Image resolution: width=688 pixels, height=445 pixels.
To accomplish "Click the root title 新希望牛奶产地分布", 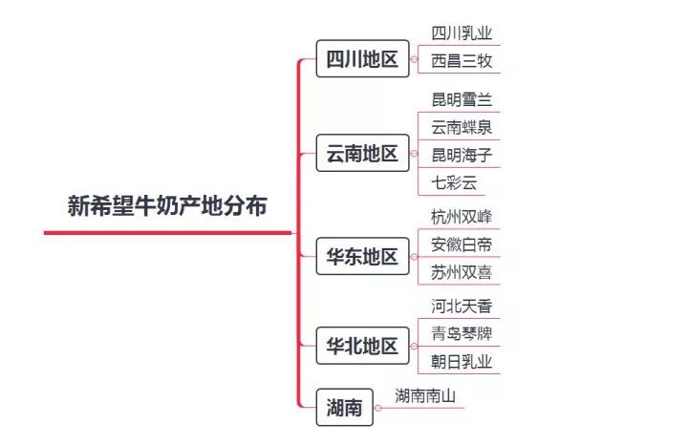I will click(167, 206).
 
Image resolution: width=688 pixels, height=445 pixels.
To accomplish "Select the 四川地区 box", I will click(362, 59).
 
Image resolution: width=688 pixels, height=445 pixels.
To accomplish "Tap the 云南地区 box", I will click(362, 153).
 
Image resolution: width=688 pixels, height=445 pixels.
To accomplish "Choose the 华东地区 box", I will click(362, 256).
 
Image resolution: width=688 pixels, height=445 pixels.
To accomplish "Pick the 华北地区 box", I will click(362, 346).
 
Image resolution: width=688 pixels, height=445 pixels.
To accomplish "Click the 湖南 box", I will click(343, 408).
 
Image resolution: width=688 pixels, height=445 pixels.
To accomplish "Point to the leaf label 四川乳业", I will click(462, 33).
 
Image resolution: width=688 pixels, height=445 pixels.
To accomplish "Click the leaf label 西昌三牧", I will click(462, 62).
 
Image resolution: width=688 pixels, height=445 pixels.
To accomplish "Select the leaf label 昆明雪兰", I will click(462, 99).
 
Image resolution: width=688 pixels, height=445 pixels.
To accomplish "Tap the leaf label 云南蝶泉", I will click(462, 127).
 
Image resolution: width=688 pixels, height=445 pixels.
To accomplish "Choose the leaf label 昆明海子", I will click(462, 155).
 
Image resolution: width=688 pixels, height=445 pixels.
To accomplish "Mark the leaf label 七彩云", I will click(453, 181).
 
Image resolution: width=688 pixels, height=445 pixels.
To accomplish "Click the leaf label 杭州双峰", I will click(462, 217).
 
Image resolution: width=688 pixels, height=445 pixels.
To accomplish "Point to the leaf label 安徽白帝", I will click(462, 244).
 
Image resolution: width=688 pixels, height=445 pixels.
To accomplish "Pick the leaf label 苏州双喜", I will click(462, 272).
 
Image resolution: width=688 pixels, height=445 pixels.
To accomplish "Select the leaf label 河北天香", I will click(462, 307).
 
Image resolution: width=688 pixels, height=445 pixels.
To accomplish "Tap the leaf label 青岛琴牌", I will click(462, 334).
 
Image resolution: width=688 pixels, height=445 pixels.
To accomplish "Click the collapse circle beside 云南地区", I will click(414, 153).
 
